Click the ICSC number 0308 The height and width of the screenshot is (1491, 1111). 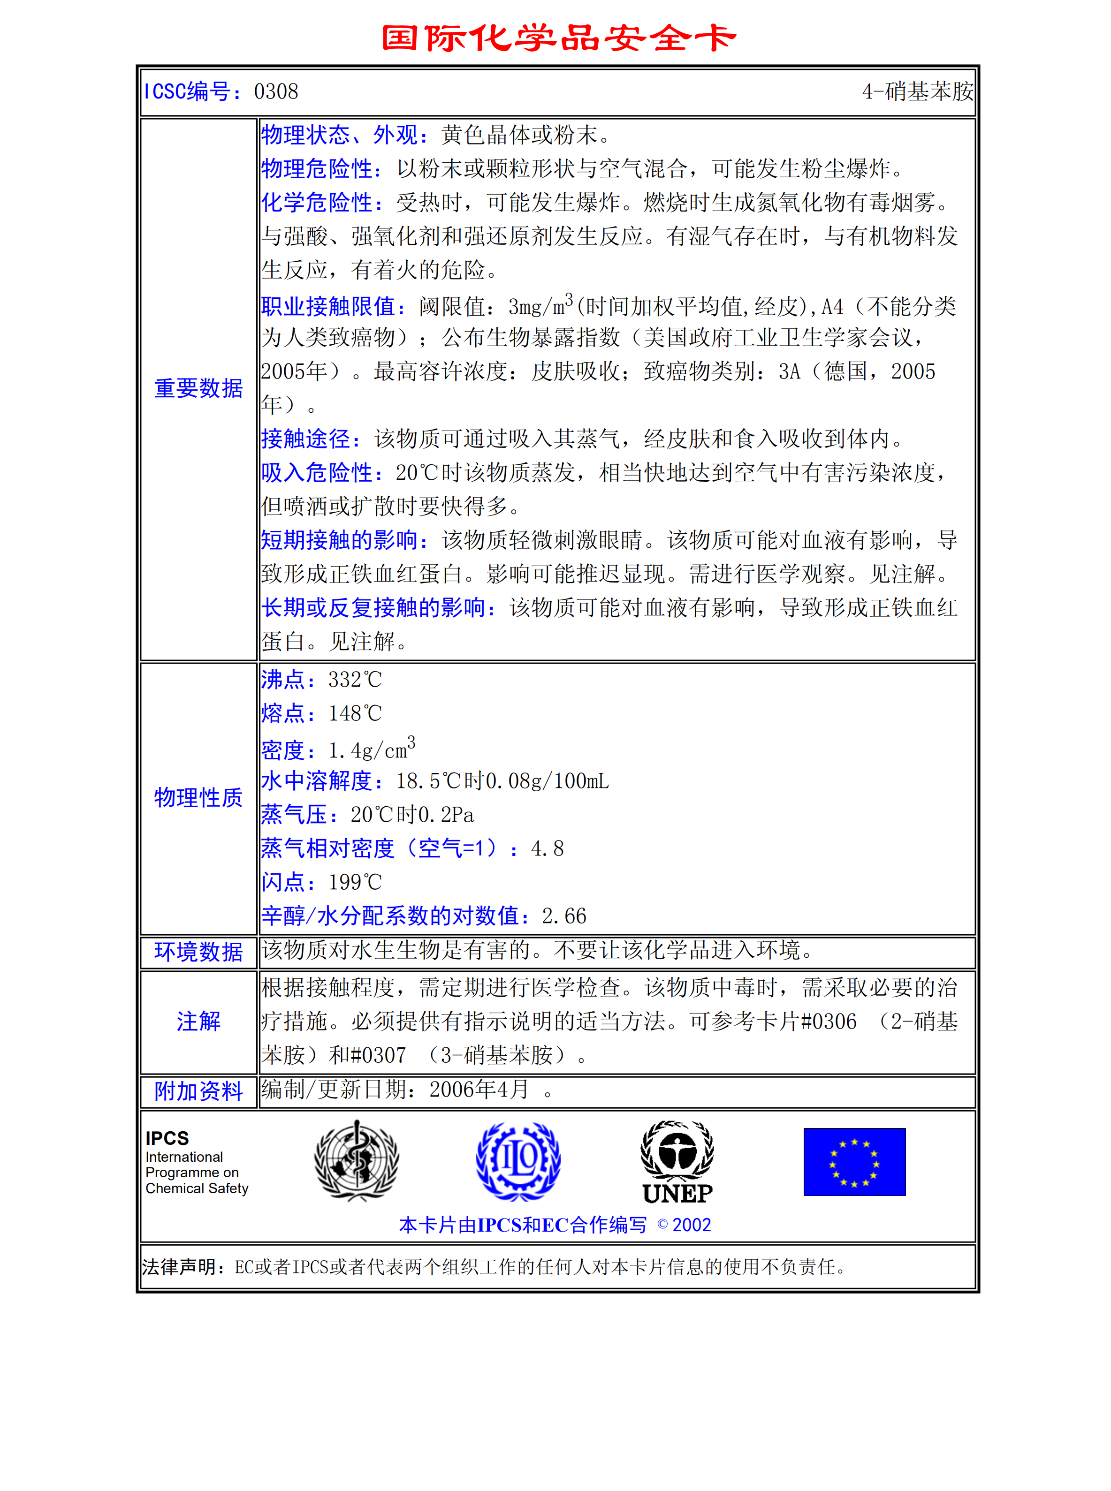(276, 91)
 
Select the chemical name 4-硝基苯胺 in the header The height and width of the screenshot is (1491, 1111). (917, 91)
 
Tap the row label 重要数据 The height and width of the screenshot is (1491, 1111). (198, 388)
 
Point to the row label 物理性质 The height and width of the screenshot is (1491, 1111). (198, 798)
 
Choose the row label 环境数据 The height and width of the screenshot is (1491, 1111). (198, 952)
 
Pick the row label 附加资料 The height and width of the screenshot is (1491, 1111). (198, 1091)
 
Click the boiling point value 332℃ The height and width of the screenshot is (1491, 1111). (354, 680)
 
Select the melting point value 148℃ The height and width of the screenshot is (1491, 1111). (354, 713)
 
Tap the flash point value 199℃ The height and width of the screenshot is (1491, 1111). (354, 882)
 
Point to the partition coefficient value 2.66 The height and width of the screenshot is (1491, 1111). (564, 916)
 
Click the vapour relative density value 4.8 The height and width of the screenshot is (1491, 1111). (547, 848)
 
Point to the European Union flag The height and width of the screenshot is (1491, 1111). (854, 1162)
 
